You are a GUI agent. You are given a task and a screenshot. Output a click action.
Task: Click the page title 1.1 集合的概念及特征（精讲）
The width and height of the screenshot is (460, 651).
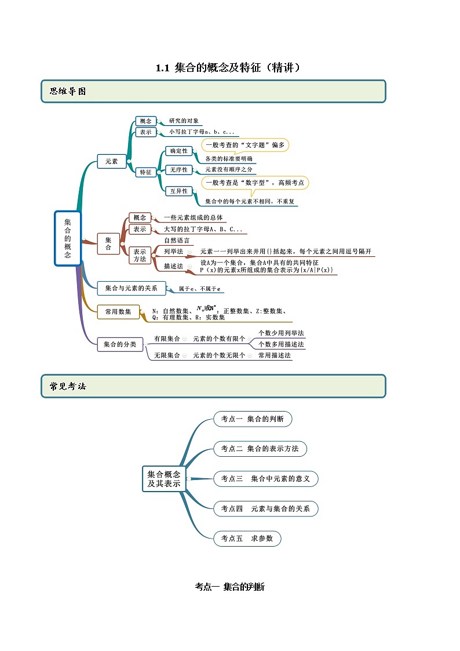pos(229,68)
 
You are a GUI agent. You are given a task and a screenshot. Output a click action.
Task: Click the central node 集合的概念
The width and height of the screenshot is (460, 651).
pos(68,238)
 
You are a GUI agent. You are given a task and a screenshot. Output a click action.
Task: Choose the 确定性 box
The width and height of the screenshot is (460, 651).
pos(178,151)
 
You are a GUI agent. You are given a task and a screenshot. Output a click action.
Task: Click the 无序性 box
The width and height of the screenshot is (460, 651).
pos(178,170)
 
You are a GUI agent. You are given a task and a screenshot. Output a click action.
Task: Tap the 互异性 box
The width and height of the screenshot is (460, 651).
pos(178,191)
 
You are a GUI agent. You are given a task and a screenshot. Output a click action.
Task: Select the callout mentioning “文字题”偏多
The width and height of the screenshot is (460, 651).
pos(245,145)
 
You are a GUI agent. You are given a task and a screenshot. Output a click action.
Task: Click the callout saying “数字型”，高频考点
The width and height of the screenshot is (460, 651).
pos(255,183)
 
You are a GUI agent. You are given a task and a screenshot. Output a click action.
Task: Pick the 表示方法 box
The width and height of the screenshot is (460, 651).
pos(140,255)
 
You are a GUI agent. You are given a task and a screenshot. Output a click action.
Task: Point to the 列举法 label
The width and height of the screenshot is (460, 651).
pos(173,252)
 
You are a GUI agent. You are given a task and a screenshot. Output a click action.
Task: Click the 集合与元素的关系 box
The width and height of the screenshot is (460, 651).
pos(132,288)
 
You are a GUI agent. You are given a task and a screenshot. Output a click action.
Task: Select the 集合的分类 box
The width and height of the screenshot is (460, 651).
pos(120,344)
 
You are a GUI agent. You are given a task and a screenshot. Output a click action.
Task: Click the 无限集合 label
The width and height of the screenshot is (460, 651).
pos(167,355)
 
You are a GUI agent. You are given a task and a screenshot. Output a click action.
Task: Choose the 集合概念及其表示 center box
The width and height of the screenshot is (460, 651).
pos(163,479)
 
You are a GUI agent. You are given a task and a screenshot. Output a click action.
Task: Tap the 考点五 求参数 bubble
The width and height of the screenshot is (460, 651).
pos(247,539)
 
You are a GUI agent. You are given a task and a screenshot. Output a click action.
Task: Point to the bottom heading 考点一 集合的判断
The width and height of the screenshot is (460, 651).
pos(230,587)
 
